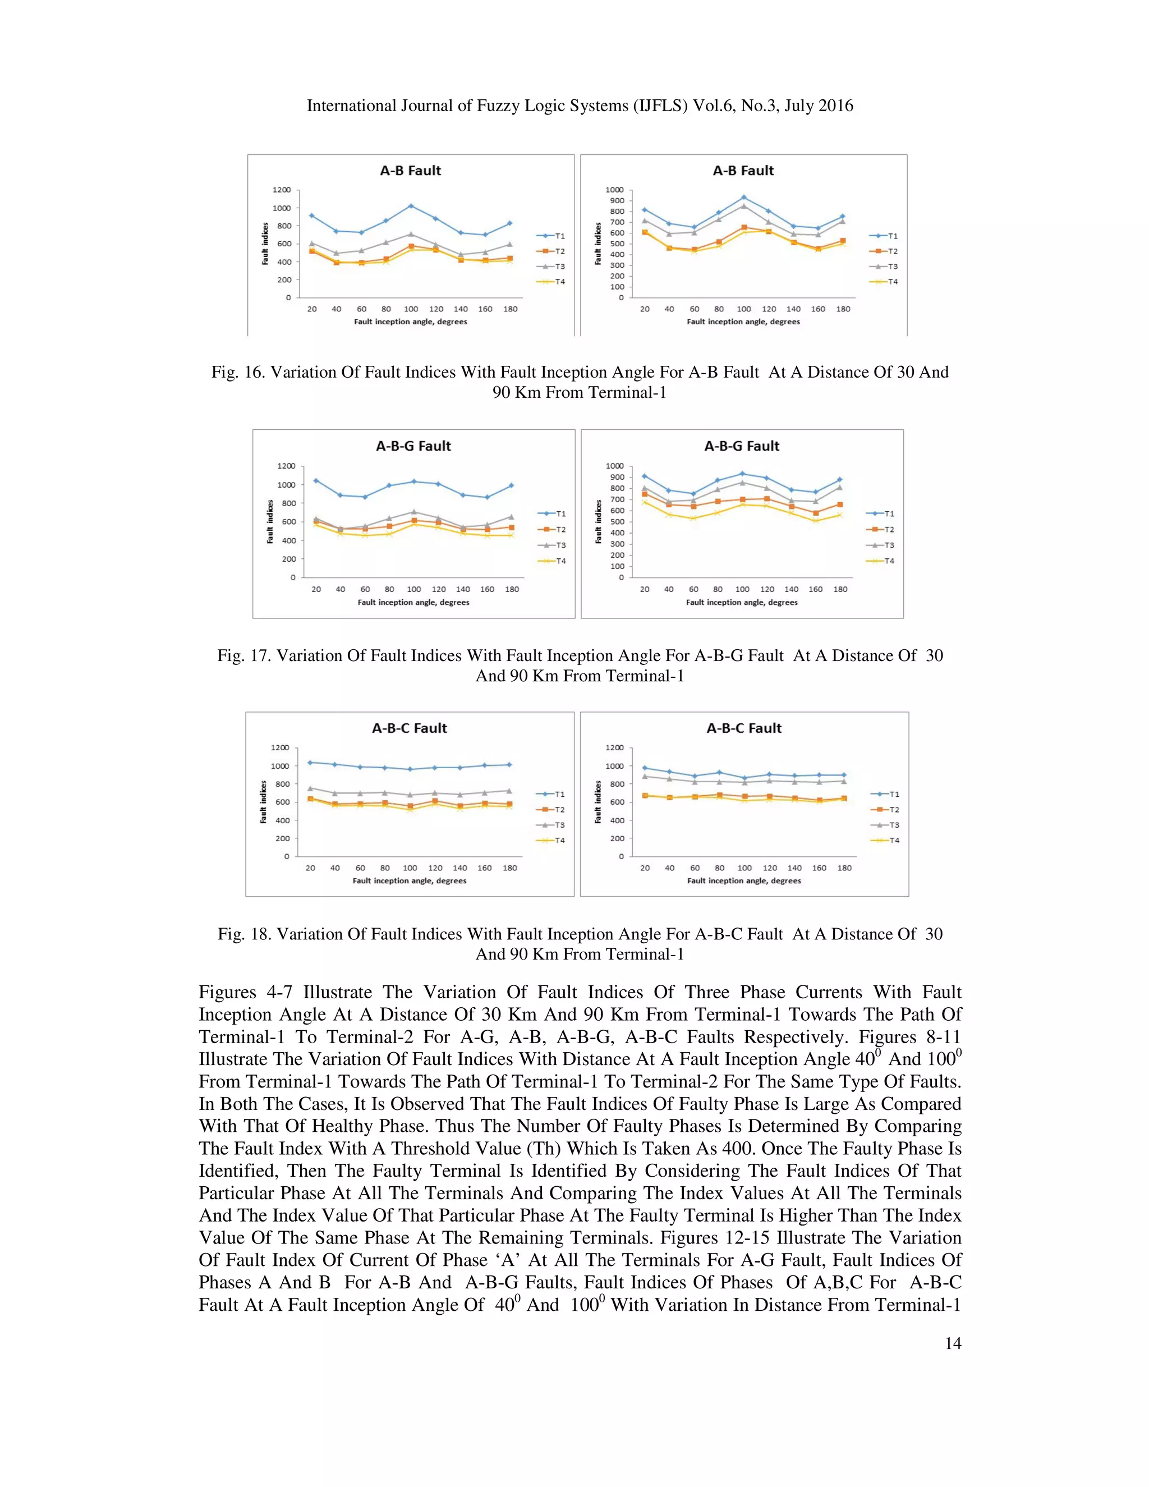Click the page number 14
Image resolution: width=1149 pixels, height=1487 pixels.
click(x=952, y=1343)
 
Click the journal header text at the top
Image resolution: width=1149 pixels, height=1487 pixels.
click(x=579, y=105)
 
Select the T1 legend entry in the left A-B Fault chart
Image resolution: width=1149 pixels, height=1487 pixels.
click(x=551, y=236)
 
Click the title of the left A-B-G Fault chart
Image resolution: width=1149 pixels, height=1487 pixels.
click(x=413, y=446)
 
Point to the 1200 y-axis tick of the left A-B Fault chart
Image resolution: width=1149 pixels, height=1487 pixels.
click(x=281, y=190)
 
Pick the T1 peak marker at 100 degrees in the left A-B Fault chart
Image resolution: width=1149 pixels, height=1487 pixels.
click(x=411, y=205)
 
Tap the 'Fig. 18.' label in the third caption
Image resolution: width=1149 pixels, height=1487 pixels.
click(x=245, y=934)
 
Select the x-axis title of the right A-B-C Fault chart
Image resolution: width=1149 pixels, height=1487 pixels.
click(x=743, y=880)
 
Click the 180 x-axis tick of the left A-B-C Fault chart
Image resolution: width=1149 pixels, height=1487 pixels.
click(x=509, y=868)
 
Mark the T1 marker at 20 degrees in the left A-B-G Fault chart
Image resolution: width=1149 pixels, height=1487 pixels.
click(x=315, y=481)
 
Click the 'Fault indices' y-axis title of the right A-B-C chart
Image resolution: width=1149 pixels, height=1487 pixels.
click(x=598, y=802)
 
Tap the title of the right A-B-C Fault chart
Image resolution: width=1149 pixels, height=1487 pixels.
click(x=743, y=728)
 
